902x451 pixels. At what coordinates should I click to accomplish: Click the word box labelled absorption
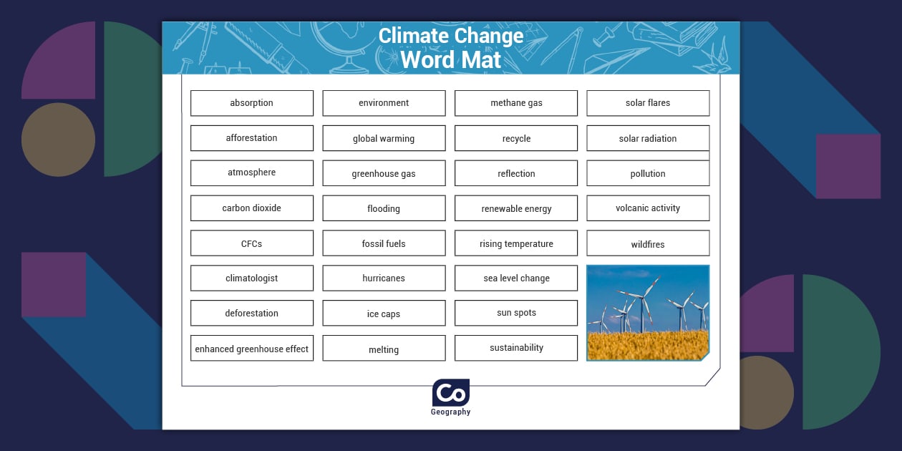coord(251,103)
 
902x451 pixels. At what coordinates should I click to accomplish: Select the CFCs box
coord(251,243)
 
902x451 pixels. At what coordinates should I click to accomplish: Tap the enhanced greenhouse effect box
coord(251,349)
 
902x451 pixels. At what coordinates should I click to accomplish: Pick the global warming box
coord(384,138)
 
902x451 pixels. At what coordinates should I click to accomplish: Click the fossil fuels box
coord(384,243)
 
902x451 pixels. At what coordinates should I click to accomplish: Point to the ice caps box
coord(384,314)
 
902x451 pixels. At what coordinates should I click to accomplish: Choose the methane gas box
coord(516,103)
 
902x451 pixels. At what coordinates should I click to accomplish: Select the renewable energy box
coord(516,208)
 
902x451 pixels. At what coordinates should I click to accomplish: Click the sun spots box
coord(516,313)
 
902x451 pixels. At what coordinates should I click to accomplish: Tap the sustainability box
coord(516,348)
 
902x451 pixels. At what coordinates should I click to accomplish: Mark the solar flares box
coord(648,103)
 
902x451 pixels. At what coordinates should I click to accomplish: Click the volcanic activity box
coord(648,208)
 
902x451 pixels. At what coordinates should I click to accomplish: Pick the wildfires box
coord(648,243)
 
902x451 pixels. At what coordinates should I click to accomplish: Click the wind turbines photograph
coord(648,313)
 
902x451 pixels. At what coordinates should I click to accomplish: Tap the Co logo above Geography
coord(451,393)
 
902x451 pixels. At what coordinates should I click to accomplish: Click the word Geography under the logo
coord(451,412)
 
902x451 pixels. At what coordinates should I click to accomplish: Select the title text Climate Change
coord(451,36)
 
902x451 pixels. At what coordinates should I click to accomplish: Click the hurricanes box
coord(384,278)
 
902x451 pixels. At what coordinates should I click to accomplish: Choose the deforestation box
coord(251,314)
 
